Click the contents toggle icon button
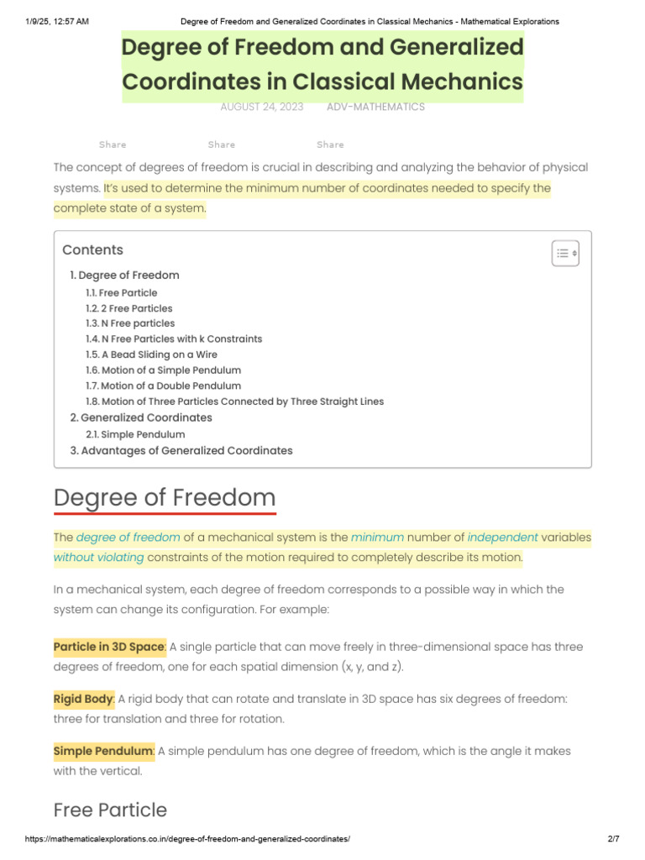(x=565, y=253)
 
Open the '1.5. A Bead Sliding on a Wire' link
(x=151, y=354)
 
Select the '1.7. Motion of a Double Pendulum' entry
(x=163, y=385)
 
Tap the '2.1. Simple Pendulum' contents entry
(x=135, y=434)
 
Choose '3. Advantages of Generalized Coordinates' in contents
(x=181, y=450)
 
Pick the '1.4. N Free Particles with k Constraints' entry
(x=174, y=338)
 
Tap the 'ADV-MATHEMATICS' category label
(x=375, y=107)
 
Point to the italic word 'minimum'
(x=377, y=537)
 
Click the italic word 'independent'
(x=502, y=537)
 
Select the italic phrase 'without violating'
(x=98, y=557)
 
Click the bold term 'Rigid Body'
(x=83, y=699)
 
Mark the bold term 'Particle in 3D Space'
(x=109, y=647)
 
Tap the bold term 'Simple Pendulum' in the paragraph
(x=103, y=751)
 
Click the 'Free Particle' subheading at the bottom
(x=110, y=810)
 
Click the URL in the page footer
(x=187, y=839)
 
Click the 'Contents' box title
(x=92, y=249)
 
